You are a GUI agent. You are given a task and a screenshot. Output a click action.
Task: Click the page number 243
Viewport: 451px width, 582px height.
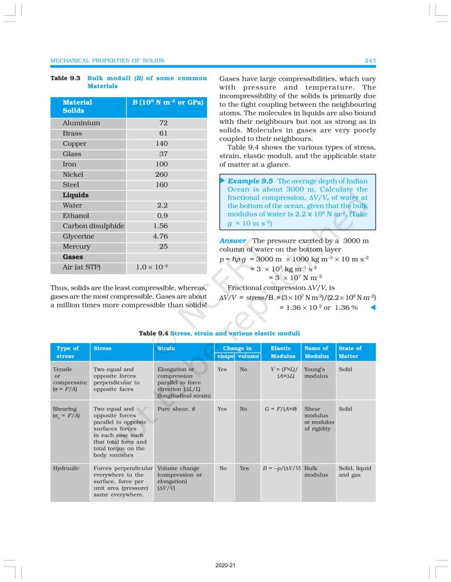(370, 60)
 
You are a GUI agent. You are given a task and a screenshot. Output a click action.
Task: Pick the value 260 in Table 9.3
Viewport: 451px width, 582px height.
(162, 174)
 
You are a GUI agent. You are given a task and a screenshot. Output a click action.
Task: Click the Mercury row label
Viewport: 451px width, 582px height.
(76, 247)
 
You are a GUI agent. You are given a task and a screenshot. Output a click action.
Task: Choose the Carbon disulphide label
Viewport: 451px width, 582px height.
(93, 226)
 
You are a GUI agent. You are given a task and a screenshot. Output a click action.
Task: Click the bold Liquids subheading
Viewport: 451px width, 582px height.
(76, 195)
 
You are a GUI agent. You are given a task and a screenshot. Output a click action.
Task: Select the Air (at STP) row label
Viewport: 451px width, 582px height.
(81, 267)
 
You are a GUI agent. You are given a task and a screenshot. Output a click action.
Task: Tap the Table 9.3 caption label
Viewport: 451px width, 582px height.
(65, 78)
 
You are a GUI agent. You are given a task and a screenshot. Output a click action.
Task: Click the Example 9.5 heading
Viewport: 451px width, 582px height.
(250, 181)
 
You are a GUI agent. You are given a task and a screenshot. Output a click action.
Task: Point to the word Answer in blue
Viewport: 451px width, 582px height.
(233, 241)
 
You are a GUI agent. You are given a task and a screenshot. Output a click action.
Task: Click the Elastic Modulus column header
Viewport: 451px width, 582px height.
(281, 352)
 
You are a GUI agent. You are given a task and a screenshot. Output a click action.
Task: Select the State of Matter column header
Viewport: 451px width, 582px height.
(350, 352)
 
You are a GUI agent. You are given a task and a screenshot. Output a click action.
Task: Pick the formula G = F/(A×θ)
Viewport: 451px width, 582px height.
(281, 409)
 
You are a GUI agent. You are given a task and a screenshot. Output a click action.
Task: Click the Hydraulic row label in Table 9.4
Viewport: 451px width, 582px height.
(66, 468)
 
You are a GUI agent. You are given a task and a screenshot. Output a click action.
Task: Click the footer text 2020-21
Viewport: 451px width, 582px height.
(225, 566)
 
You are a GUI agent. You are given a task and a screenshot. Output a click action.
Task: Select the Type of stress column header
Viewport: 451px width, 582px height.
(68, 352)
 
